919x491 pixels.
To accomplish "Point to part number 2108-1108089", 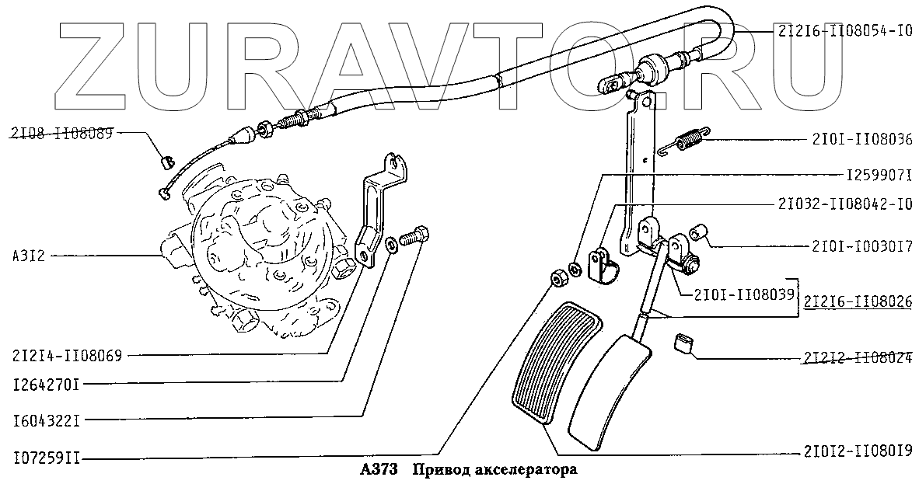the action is (x=63, y=133).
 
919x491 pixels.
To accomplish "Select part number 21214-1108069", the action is (x=68, y=356).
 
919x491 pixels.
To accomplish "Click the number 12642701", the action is (x=47, y=383).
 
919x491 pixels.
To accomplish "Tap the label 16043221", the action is (x=47, y=420).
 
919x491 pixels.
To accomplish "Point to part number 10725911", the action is (x=47, y=458).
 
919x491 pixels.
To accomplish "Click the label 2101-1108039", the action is (x=732, y=295).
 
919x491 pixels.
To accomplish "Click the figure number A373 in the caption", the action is (x=379, y=471).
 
